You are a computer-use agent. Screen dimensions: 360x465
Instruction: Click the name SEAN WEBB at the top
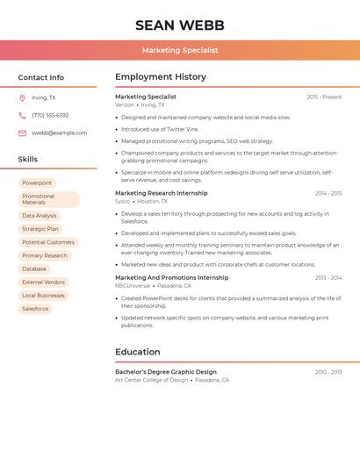point(180,25)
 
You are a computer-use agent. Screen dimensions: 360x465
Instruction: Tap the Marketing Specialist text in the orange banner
point(180,50)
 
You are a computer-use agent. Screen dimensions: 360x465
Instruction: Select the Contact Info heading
point(41,77)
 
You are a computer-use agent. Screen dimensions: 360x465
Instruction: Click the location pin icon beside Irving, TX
point(22,97)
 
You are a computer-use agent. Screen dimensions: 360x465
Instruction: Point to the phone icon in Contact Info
point(22,115)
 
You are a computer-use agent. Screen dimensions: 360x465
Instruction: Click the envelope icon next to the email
point(22,133)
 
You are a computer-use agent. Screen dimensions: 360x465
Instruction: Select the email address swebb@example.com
point(60,133)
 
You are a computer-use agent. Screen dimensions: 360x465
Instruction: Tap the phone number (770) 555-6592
point(50,115)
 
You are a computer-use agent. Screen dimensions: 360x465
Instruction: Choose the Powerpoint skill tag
point(37,182)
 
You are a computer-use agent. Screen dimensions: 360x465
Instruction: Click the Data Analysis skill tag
point(40,215)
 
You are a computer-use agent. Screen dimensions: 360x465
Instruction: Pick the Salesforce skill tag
point(35,309)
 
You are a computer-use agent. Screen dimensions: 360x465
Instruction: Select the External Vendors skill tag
point(44,282)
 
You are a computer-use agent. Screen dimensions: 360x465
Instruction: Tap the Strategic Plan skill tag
point(40,229)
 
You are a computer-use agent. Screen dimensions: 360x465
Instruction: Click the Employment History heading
point(161,77)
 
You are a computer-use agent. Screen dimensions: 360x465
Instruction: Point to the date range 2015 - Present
point(324,97)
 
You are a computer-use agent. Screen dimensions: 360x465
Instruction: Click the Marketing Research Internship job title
point(162,193)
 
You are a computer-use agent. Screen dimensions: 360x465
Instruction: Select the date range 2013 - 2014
point(328,278)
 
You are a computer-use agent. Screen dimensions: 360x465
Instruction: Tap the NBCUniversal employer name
point(133,286)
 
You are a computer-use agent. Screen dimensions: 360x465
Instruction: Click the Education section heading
point(138,352)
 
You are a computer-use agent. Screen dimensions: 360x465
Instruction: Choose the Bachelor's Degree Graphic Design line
point(166,372)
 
